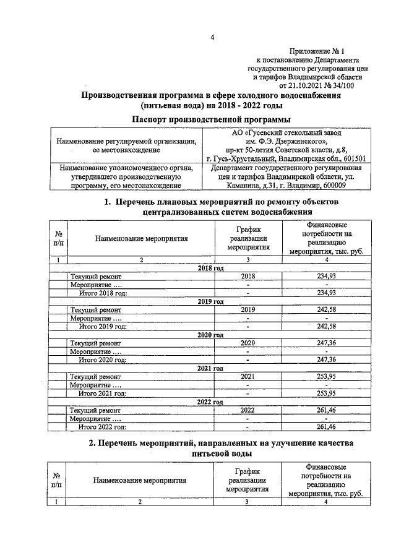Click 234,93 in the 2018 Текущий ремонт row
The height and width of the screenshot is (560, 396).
(x=325, y=276)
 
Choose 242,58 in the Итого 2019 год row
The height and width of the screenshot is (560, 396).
(x=325, y=326)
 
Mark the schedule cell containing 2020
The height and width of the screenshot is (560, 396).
(x=247, y=342)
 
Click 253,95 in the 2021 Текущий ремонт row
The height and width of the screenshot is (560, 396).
(x=325, y=376)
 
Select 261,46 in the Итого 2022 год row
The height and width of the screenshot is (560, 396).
(x=325, y=426)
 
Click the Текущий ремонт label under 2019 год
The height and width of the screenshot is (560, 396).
(x=96, y=309)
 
